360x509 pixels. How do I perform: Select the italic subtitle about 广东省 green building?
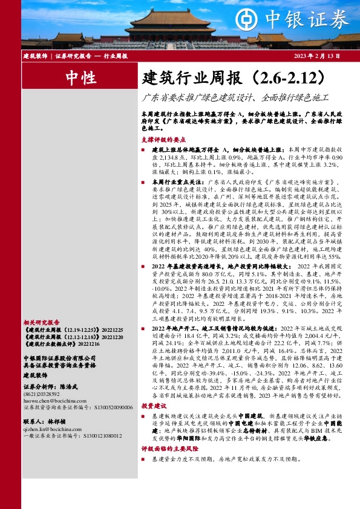point(235,97)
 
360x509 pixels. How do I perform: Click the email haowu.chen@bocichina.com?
point(50,400)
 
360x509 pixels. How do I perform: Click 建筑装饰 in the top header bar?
point(35,56)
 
